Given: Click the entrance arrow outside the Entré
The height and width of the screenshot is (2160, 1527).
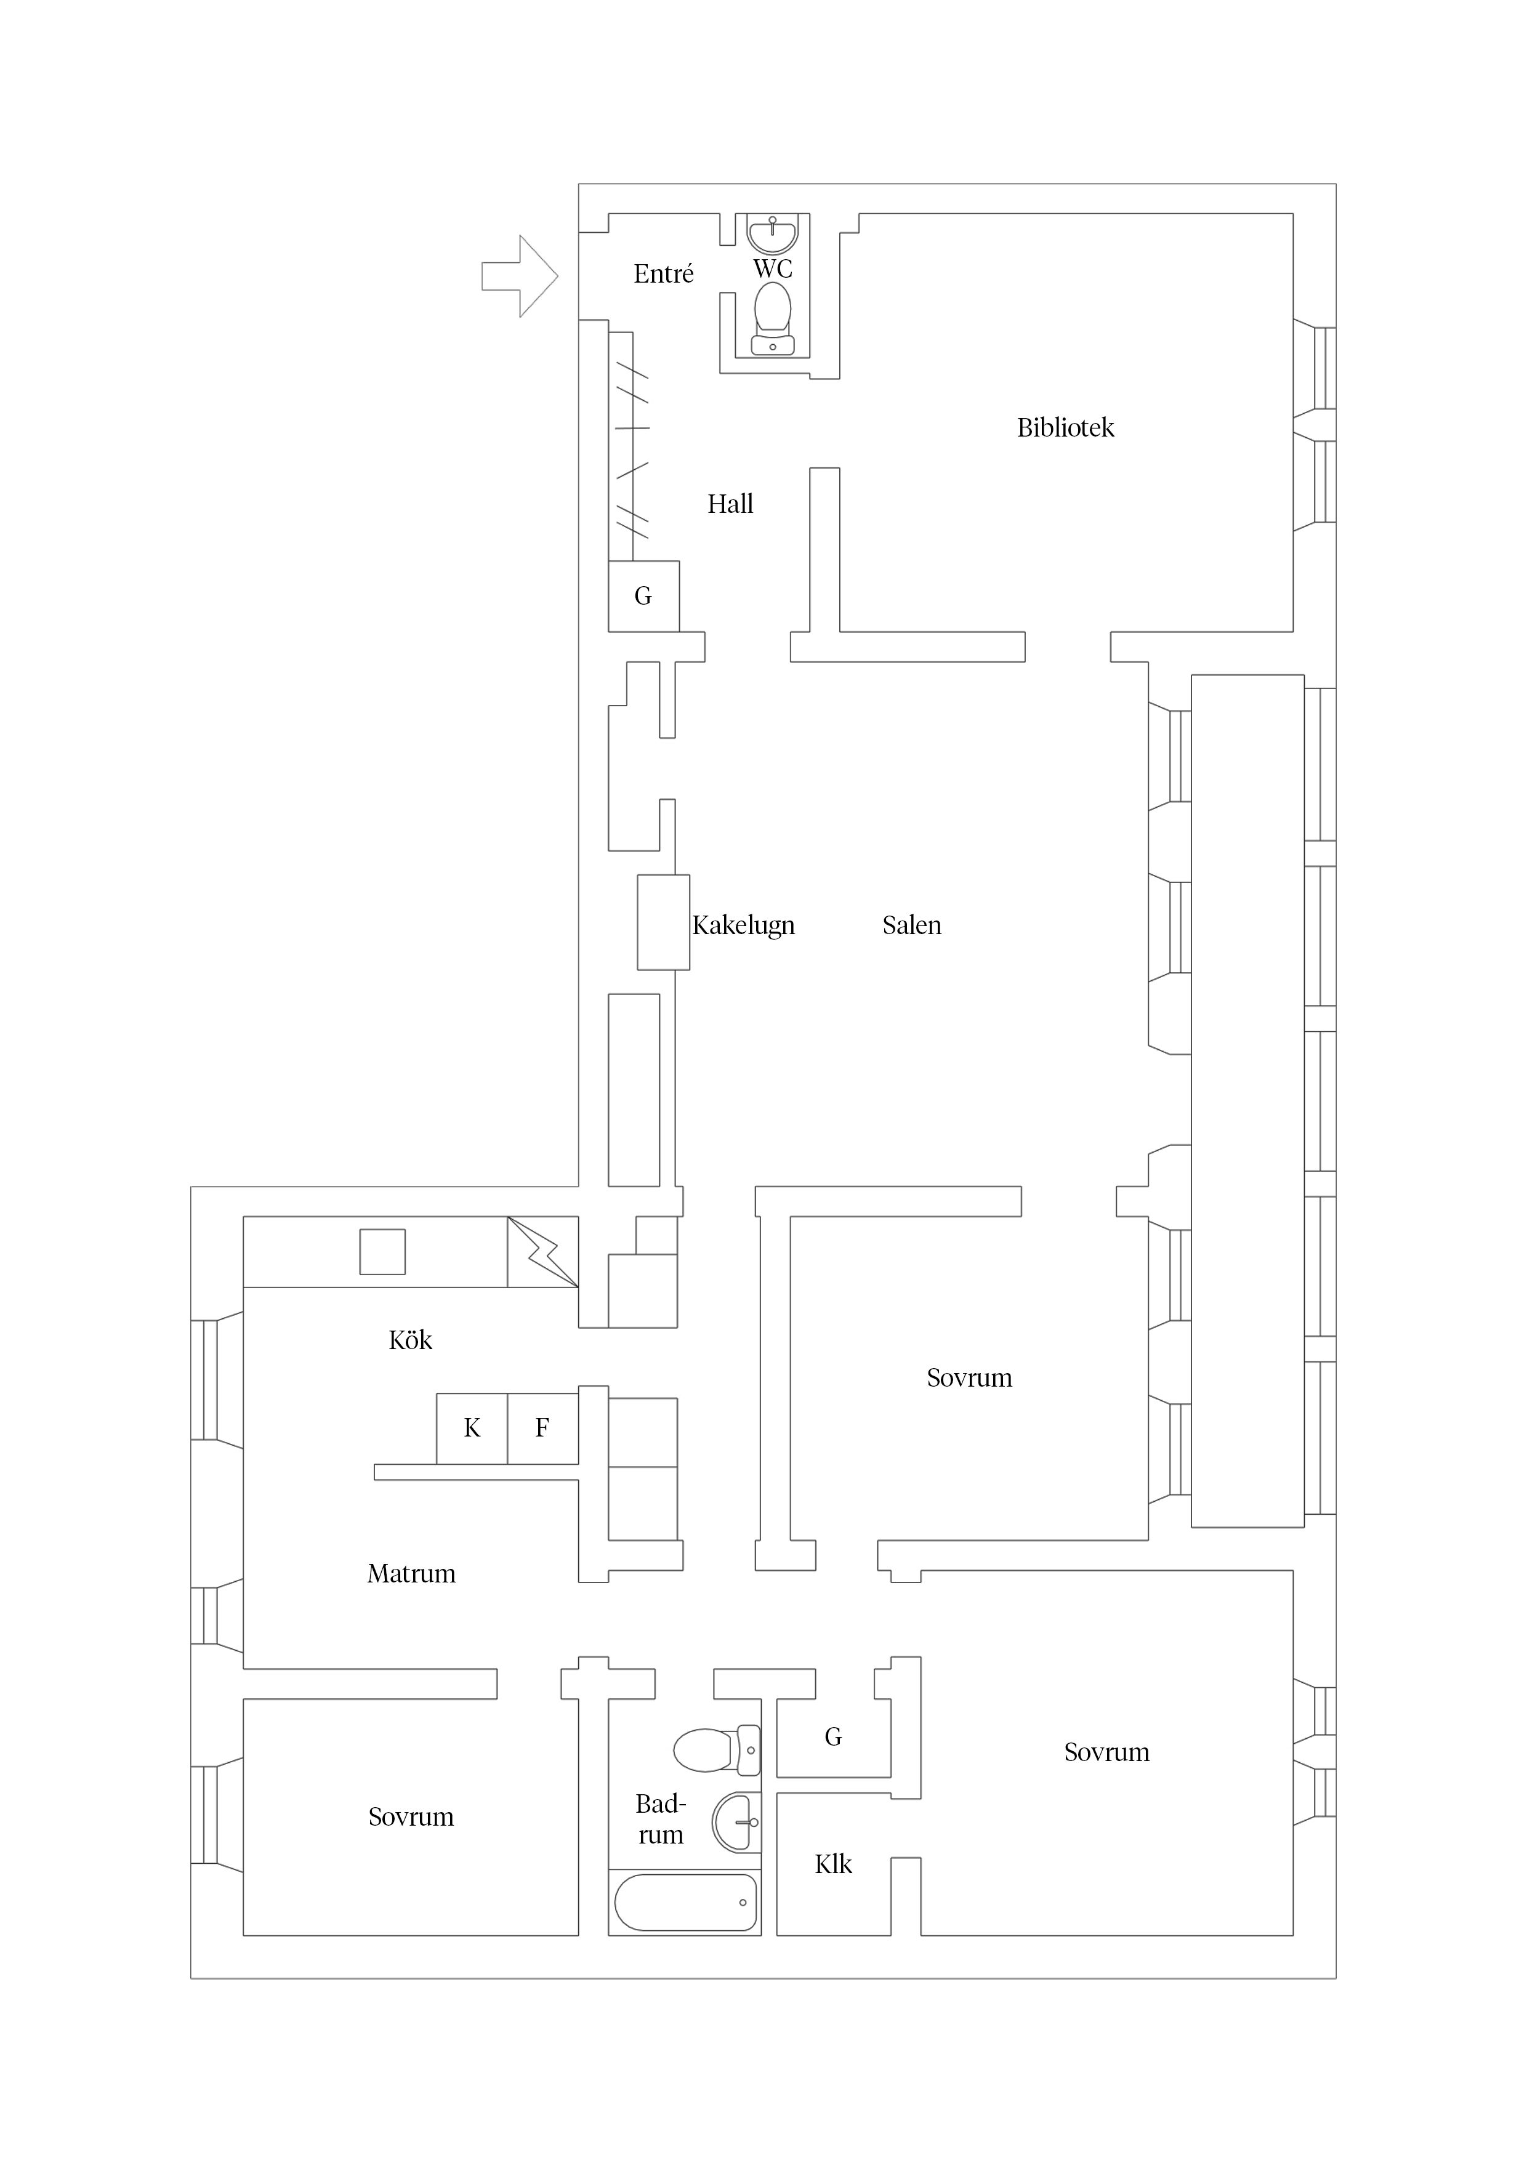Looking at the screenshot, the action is click(x=519, y=276).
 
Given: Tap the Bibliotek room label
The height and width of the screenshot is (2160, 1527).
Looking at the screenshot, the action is click(x=1065, y=428).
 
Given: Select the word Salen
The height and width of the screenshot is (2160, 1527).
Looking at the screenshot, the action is click(x=912, y=925).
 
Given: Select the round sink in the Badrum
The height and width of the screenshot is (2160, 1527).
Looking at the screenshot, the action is click(x=736, y=1822).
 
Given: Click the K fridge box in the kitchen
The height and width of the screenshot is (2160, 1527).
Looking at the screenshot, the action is click(x=472, y=1428).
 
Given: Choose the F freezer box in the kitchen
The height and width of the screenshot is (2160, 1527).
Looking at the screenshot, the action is click(x=543, y=1428).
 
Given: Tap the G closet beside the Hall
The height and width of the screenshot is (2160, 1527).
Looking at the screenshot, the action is click(x=643, y=597).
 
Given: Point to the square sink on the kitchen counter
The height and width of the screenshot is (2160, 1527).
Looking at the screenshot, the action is click(x=383, y=1252).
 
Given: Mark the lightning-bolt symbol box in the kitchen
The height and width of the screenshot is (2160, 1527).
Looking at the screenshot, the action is click(x=543, y=1252).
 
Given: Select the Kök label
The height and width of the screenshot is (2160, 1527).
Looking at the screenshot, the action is click(x=410, y=1340).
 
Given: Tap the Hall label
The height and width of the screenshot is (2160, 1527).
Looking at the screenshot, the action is click(x=730, y=504).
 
